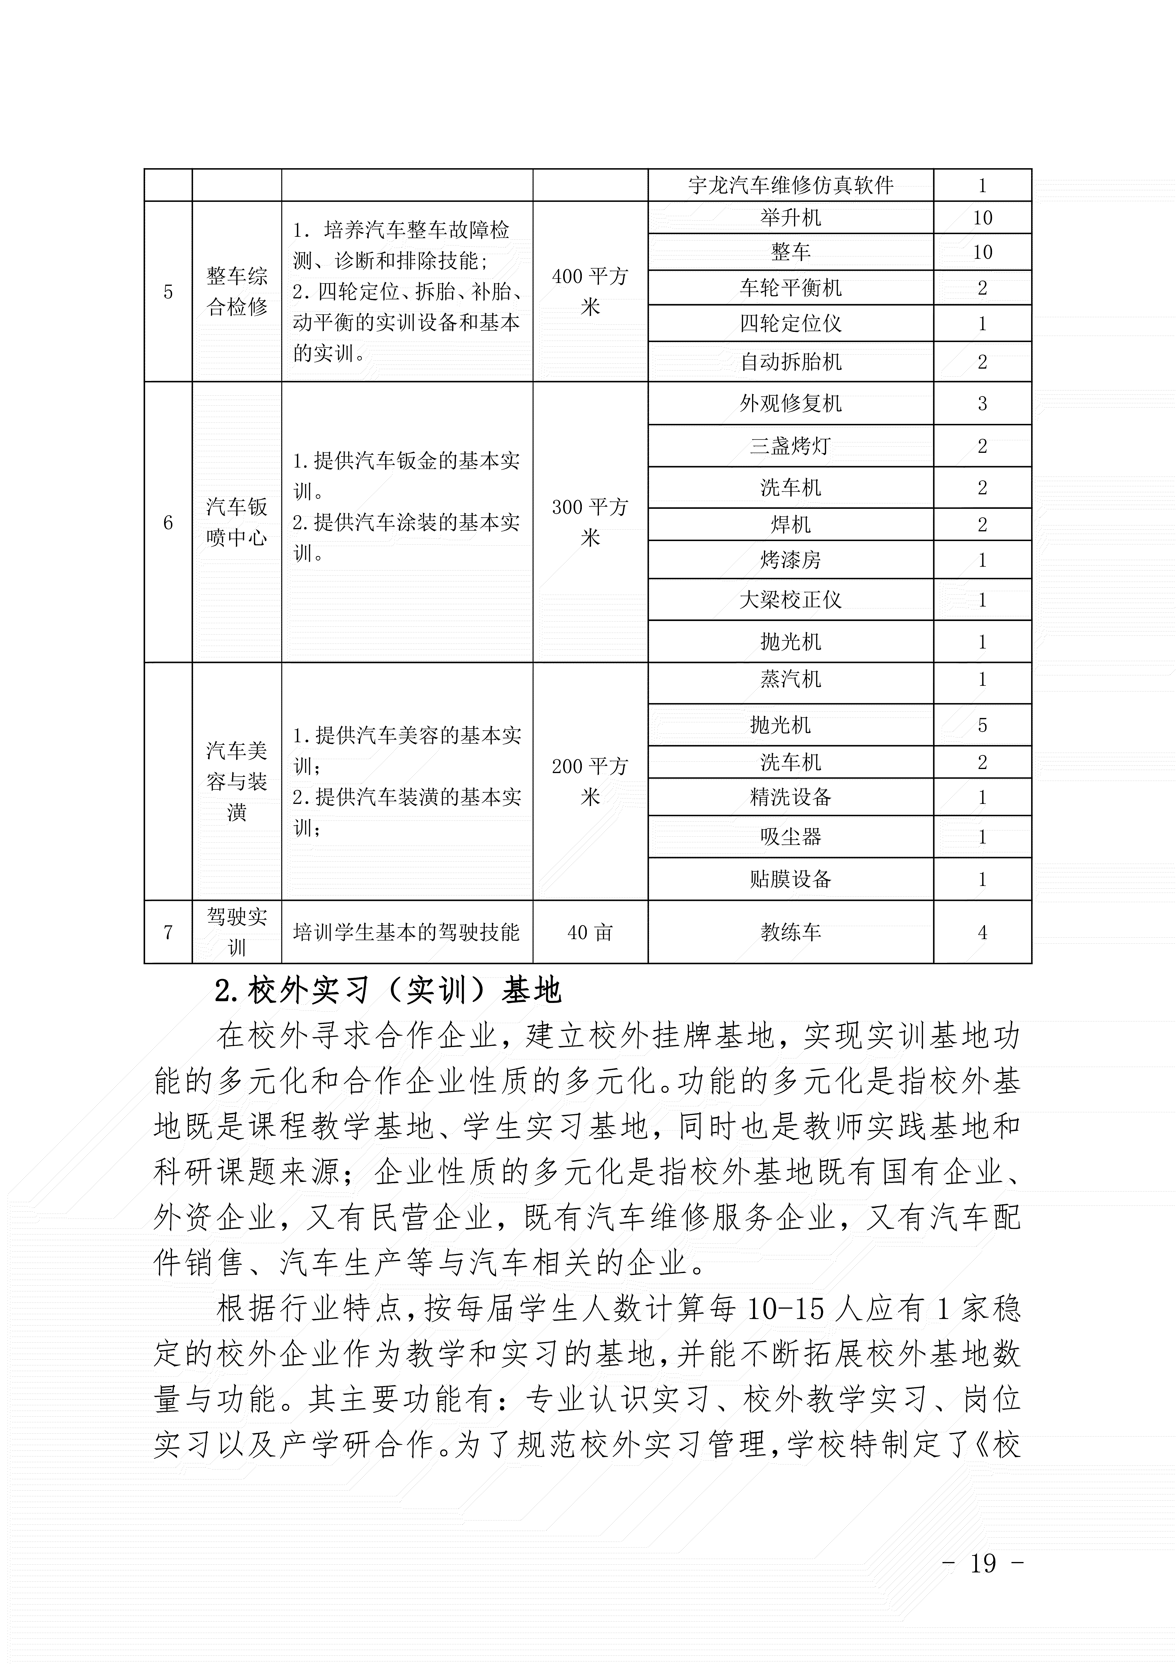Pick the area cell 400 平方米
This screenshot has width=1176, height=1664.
(590, 291)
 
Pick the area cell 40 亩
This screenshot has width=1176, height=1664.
(590, 933)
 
